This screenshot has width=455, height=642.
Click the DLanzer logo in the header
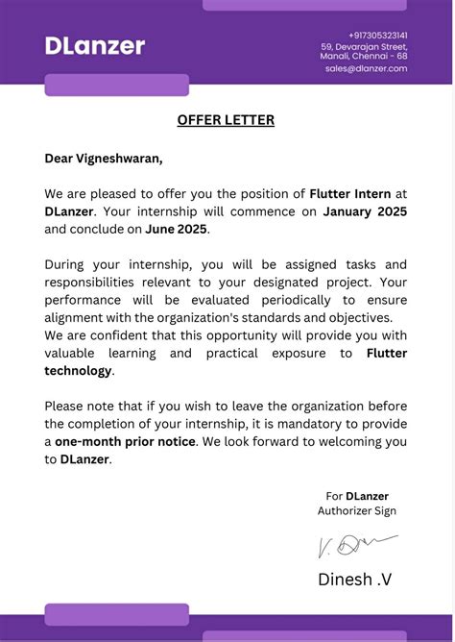95,45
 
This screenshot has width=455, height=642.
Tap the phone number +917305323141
377,35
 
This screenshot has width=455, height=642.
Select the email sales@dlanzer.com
366,68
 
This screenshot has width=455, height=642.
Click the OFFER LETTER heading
226,120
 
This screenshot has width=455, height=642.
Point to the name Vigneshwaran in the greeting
122,158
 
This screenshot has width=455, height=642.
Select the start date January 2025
365,211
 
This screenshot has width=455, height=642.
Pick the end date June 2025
177,229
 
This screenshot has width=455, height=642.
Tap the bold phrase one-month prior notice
126,441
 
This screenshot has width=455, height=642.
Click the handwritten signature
355,545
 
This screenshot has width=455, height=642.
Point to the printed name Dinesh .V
355,579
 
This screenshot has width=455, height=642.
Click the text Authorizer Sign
357,511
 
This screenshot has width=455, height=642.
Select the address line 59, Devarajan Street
364,46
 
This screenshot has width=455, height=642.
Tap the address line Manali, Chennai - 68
364,57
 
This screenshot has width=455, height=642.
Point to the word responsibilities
99,283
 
